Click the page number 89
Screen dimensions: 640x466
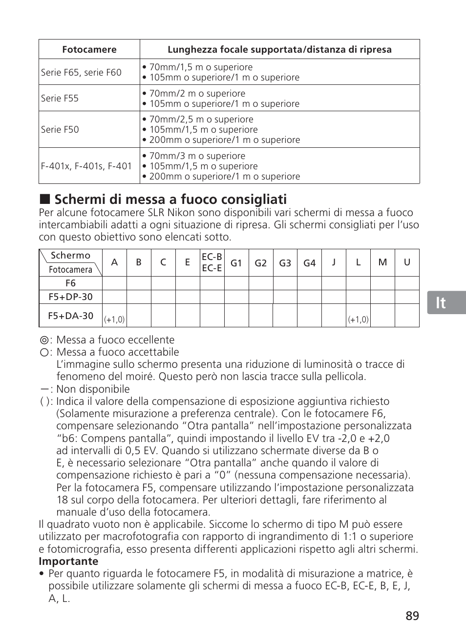(412, 616)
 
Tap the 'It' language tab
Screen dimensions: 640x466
(441, 303)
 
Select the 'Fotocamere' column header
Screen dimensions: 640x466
(89, 49)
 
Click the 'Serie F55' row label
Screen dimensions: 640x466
(60, 98)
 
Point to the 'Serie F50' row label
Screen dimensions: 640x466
(60, 129)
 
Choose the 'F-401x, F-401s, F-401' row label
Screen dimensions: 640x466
(86, 166)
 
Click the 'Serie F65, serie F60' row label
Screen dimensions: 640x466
(81, 72)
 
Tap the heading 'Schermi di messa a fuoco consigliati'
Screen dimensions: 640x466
(170, 199)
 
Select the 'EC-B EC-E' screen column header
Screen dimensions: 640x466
(212, 262)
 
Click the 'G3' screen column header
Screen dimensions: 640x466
(285, 263)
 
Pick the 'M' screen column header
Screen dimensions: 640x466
(382, 262)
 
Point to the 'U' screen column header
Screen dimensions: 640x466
(407, 262)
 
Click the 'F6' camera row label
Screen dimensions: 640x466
(71, 283)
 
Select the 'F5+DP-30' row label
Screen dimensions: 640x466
(71, 297)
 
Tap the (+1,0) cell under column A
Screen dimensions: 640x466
(114, 320)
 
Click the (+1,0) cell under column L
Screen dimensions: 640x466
(358, 320)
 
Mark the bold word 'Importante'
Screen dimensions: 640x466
(68, 561)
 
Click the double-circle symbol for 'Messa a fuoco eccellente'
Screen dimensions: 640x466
(44, 340)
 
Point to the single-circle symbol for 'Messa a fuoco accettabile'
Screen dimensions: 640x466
(44, 352)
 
